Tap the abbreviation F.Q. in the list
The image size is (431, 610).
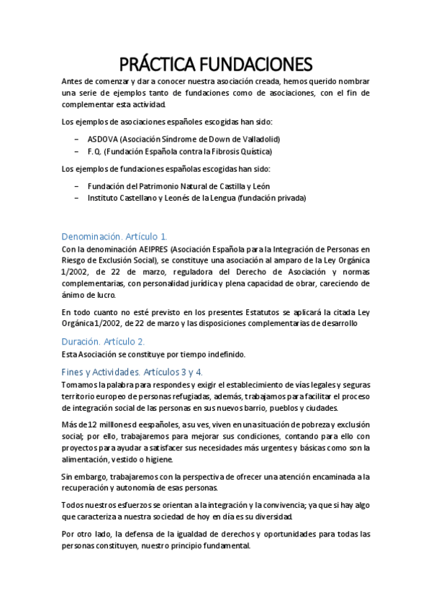tap(95, 152)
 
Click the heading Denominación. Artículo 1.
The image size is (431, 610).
tap(114, 236)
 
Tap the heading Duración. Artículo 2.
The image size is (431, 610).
tap(103, 341)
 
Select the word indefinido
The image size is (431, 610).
tap(224, 354)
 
